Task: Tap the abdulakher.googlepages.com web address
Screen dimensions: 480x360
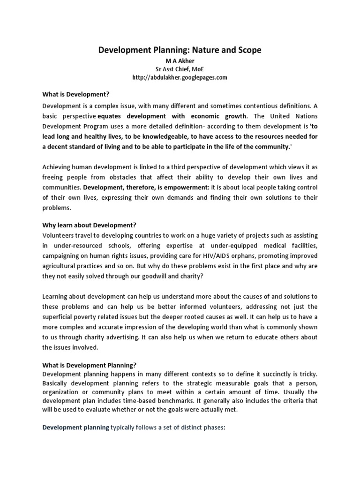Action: coord(180,77)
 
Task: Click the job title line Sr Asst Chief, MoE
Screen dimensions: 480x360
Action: coord(180,68)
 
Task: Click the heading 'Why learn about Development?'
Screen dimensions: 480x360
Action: coord(89,225)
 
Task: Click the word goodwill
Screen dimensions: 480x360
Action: coord(157,276)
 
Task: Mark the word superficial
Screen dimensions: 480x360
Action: coord(61,317)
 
